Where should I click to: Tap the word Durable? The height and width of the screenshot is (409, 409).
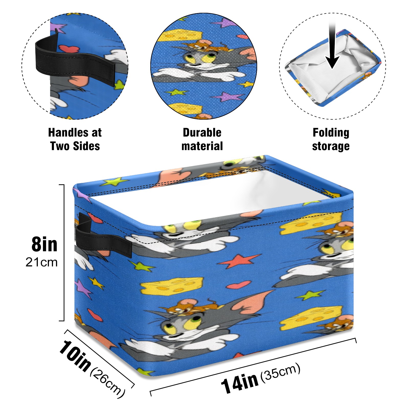(202, 133)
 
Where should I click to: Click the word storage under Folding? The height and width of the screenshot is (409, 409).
(331, 146)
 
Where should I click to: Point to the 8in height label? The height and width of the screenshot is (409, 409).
(44, 244)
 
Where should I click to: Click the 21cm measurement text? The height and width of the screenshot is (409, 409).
(41, 262)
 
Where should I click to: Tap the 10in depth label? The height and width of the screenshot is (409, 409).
(75, 356)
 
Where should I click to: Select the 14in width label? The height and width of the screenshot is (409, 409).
(240, 382)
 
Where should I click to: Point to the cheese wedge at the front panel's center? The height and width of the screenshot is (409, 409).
(172, 286)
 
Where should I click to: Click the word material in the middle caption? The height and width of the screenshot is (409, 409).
(202, 146)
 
